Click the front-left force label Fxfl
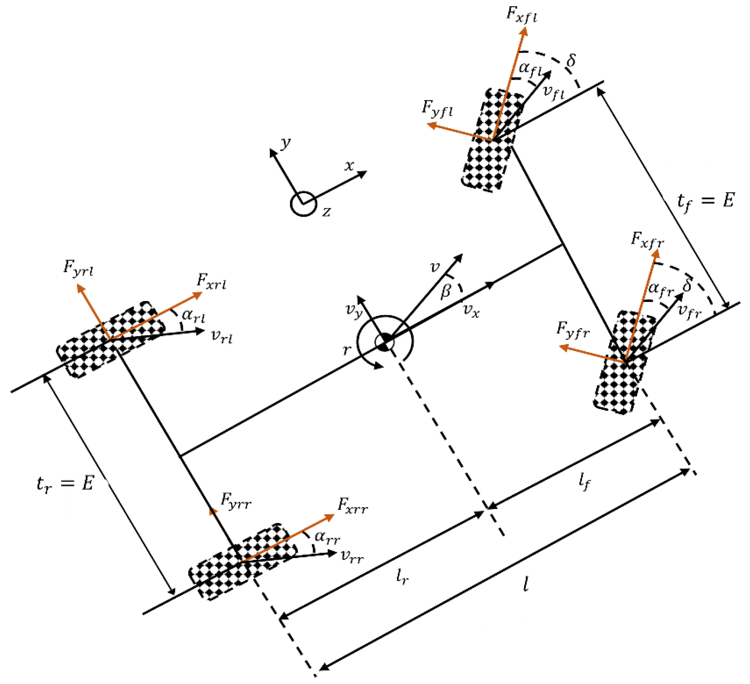point(521,15)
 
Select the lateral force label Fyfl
point(437,109)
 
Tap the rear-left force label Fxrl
point(211,281)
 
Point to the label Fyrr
point(235,501)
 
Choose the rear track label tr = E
point(65,484)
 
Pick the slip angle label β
point(446,291)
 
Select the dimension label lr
point(402,577)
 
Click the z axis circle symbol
point(303,204)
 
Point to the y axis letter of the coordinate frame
point(285,143)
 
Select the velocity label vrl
point(222,337)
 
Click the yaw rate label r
point(347,350)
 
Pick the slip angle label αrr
point(327,537)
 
